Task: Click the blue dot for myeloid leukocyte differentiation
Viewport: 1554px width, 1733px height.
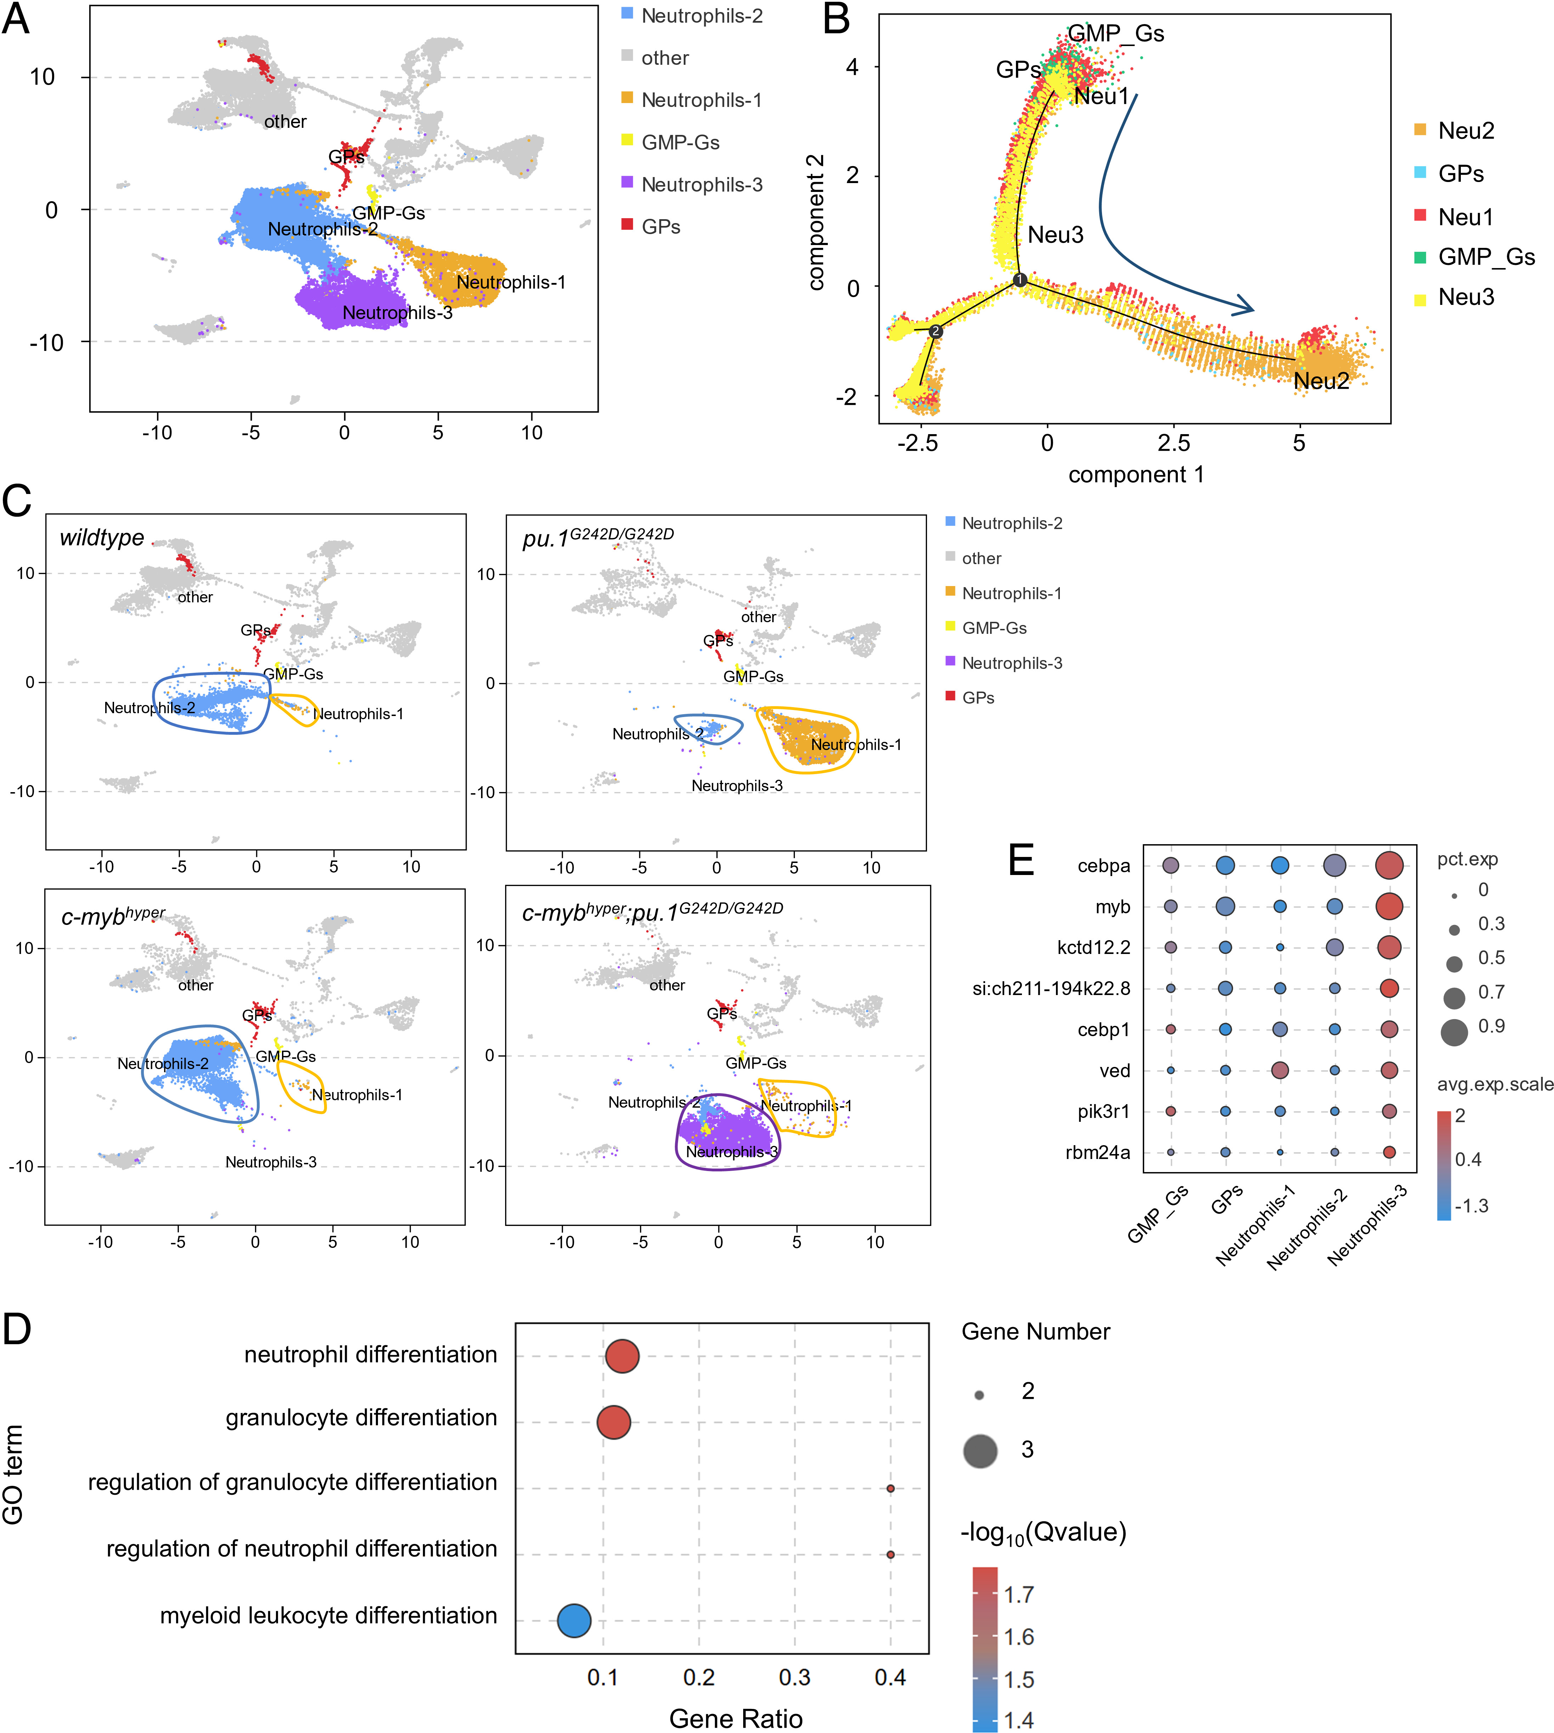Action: pos(574,1619)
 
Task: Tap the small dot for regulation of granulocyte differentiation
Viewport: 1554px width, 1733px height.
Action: pos(891,1488)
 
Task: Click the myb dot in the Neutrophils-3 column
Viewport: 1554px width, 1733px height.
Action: pos(1389,906)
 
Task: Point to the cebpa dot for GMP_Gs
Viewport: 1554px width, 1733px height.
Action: pos(1171,865)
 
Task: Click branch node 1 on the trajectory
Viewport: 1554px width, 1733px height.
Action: pos(1019,279)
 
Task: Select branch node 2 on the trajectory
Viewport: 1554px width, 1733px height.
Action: pos(936,330)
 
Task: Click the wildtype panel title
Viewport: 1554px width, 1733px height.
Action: pos(102,538)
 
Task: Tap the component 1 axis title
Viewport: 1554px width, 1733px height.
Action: pos(1136,475)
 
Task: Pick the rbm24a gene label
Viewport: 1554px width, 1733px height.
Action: pos(1098,1153)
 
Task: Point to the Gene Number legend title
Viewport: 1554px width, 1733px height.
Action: pos(1036,1332)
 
